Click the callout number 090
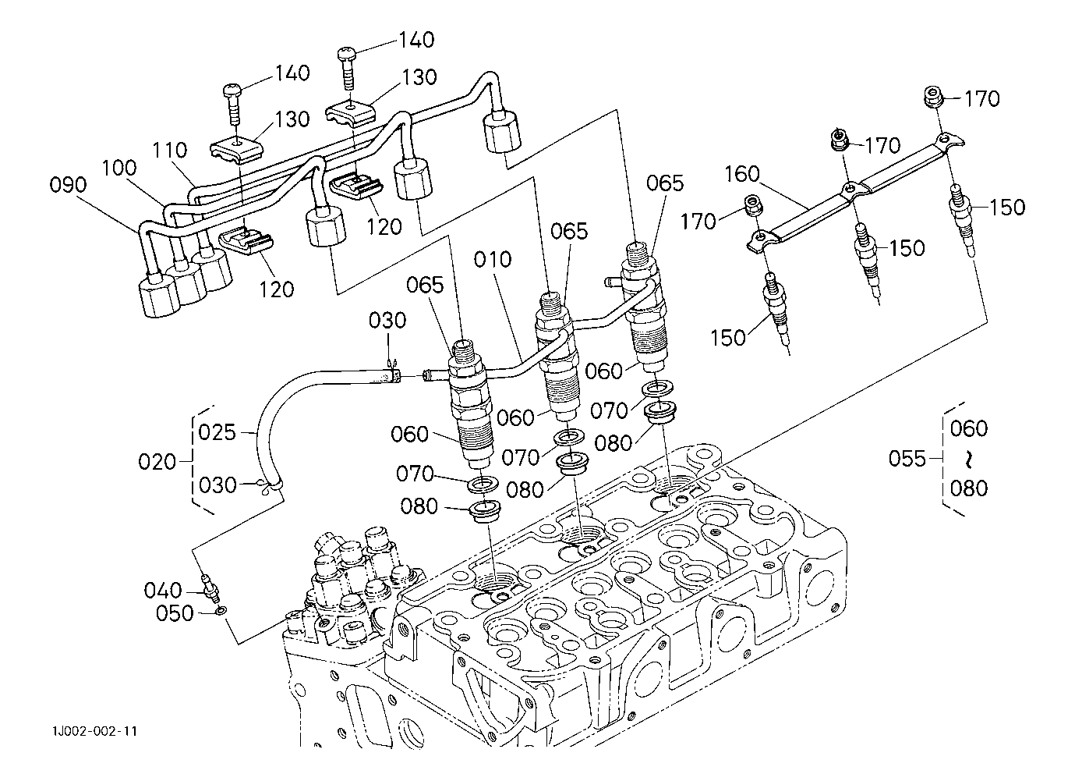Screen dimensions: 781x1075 [x=68, y=186]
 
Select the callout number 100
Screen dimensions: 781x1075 [x=118, y=169]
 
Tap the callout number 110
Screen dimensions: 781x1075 [x=169, y=150]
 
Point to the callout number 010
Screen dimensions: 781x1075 [x=492, y=259]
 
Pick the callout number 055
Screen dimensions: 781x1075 [x=907, y=459]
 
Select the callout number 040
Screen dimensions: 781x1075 [x=162, y=591]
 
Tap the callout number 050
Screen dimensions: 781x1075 [x=175, y=614]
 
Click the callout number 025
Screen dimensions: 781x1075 [x=217, y=432]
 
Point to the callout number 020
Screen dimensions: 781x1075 [x=157, y=462]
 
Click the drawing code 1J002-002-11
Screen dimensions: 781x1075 [x=95, y=731]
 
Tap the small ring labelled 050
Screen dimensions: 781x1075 [x=221, y=610]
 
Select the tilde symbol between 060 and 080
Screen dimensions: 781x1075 [x=969, y=458]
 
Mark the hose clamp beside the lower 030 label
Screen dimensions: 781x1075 [x=269, y=487]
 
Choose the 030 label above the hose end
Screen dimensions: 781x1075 [x=387, y=321]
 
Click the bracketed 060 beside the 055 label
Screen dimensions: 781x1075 [x=969, y=428]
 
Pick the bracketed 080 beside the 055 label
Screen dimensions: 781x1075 [x=969, y=488]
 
